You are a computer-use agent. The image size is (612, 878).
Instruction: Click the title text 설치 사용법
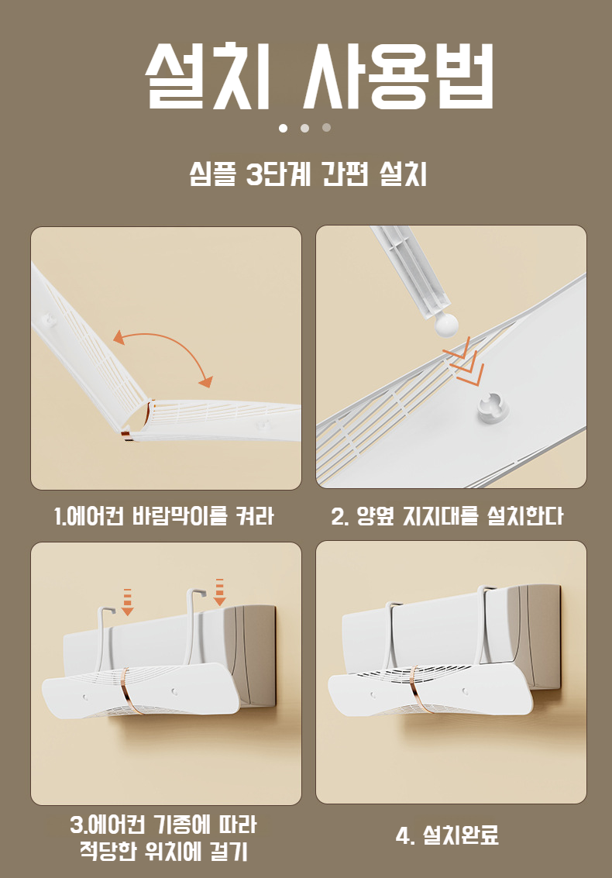click(319, 76)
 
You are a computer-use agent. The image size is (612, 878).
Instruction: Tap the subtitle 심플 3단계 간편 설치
click(308, 174)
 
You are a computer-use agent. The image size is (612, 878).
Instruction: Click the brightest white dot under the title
click(283, 128)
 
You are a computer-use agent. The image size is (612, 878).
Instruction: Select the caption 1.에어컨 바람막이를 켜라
click(164, 515)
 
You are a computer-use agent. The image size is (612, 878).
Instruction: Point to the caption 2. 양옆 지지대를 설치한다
click(448, 515)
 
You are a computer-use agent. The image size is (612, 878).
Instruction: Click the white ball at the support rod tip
click(445, 324)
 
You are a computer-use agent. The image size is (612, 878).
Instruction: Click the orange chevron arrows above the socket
click(462, 367)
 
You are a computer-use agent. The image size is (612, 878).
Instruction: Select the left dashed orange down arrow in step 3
click(128, 602)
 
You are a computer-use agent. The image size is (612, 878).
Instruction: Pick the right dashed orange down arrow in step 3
click(219, 592)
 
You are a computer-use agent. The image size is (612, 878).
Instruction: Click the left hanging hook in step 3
click(105, 639)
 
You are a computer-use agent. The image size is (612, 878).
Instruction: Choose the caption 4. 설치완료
click(447, 835)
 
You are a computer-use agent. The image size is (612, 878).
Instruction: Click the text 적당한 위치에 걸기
click(163, 851)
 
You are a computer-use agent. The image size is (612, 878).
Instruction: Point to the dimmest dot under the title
click(326, 128)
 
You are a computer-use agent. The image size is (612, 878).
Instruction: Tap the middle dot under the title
click(304, 128)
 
